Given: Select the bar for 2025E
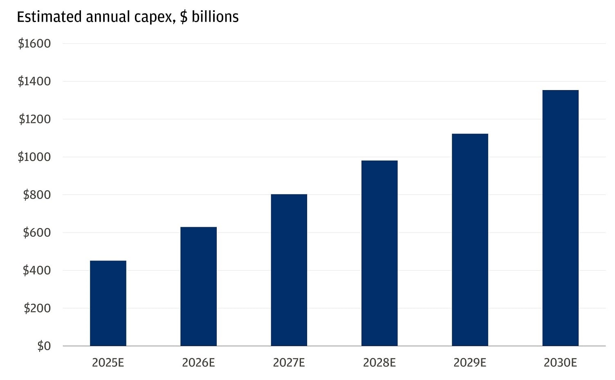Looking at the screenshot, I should point(108,303).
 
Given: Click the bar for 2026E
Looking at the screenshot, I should point(198,287).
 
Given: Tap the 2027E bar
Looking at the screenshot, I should point(289,270).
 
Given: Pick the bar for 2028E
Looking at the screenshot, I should point(379,253).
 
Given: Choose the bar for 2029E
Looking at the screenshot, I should point(470,240).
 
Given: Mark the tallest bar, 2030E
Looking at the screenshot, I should point(560,218).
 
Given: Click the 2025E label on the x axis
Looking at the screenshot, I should point(108,363).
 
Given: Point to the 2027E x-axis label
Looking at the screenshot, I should point(289,363).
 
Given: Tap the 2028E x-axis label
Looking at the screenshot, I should point(379,363).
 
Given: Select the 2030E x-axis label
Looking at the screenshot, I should point(560,363).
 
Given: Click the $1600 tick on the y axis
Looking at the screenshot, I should point(34,43).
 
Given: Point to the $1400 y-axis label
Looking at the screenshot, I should point(34,81).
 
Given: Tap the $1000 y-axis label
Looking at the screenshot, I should point(34,157).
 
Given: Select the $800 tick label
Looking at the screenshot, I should point(37,195).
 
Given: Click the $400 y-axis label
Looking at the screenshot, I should point(37,270).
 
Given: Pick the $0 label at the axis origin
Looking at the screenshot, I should point(44,346).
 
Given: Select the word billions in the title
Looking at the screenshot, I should point(215,17).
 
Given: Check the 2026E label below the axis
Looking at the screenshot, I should point(198,363).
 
